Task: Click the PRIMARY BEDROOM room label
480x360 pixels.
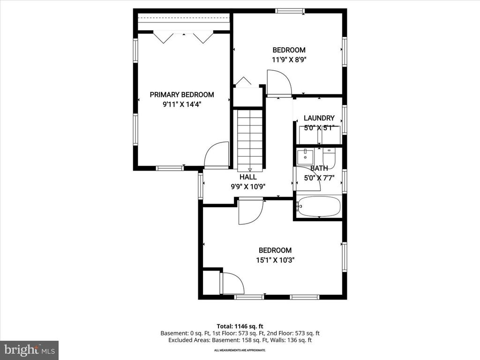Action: pos(182,95)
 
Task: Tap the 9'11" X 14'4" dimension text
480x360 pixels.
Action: pos(182,105)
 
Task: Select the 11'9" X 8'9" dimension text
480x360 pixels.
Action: pos(289,60)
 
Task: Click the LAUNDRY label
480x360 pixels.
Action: pos(319,118)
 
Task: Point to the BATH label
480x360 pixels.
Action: pos(319,168)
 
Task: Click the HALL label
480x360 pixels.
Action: pos(248,177)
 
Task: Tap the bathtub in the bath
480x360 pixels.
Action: pos(319,207)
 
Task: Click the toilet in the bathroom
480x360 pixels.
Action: pos(329,158)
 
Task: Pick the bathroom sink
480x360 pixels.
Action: pos(305,155)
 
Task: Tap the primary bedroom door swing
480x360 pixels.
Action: pos(216,155)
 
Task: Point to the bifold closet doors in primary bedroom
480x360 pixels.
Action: pos(183,37)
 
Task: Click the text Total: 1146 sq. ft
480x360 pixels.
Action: pos(240,326)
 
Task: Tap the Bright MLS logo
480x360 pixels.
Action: pos(29,350)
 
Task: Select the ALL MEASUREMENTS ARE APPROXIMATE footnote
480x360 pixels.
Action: pos(240,350)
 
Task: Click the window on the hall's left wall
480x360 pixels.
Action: pos(200,186)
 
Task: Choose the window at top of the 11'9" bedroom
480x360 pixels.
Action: pos(290,11)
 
